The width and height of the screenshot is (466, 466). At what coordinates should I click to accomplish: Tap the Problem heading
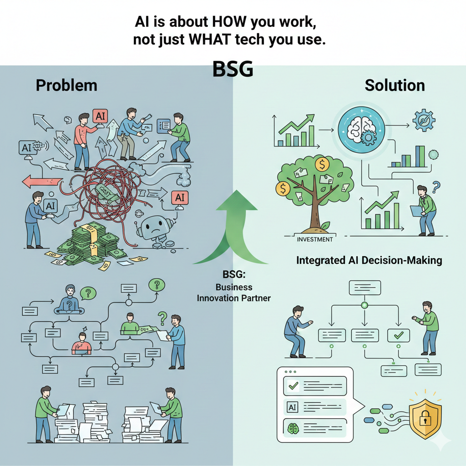click(66, 85)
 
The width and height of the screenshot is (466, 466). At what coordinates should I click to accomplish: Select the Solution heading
click(395, 85)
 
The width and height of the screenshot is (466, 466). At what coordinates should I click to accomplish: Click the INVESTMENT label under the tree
click(314, 239)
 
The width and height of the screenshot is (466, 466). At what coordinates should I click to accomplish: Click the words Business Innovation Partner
click(233, 293)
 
